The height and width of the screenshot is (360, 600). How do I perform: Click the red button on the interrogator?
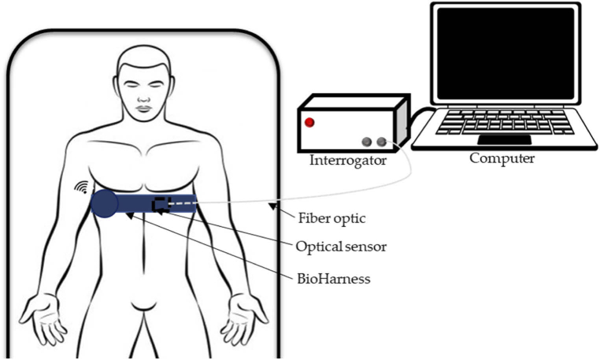pos(309,122)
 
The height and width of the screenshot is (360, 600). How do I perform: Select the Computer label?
pos(502,158)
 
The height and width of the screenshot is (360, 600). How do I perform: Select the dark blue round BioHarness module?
pos(105,202)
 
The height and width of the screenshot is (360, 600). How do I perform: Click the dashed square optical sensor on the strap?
pos(161,204)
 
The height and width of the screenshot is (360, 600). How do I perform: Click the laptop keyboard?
pos(504,121)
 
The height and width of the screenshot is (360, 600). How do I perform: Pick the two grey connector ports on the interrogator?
pos(373,142)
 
